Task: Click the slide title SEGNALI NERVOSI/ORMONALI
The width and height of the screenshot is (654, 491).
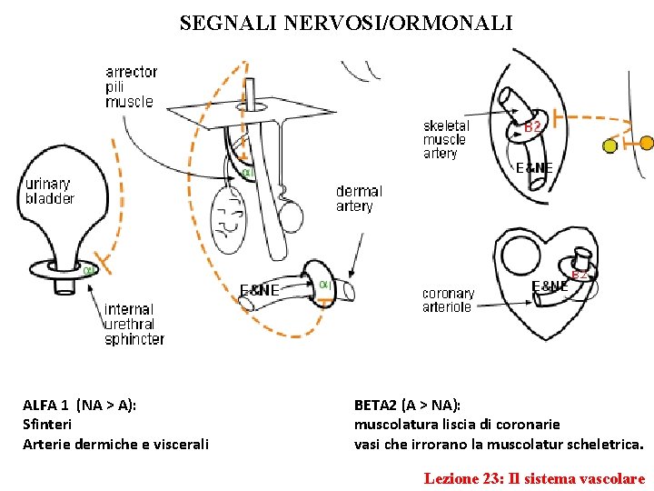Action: pos(345,23)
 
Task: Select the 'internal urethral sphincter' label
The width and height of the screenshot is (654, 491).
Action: pos(134,325)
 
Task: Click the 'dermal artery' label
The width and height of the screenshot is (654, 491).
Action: pos(359,198)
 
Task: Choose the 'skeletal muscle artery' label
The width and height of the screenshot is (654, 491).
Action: pos(446,140)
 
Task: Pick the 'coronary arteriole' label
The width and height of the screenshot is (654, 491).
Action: pos(448,300)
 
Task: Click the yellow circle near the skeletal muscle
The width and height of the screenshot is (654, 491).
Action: pos(610,145)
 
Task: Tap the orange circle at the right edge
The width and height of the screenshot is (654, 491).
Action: pos(646,143)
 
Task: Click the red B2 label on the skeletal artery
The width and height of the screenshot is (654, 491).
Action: pos(533,128)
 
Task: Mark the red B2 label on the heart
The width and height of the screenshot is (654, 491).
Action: pos(580,274)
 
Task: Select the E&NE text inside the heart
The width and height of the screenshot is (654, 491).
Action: pos(550,286)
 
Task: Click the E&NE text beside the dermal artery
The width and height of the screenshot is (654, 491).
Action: pos(259,290)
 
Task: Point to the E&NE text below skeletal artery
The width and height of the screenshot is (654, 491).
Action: pos(535,168)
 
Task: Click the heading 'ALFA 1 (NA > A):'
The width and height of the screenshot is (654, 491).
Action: pos(80,405)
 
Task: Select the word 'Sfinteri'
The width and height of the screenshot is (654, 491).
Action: pos(47,425)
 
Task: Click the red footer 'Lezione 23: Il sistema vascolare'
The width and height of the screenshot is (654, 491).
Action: pos(534,478)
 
